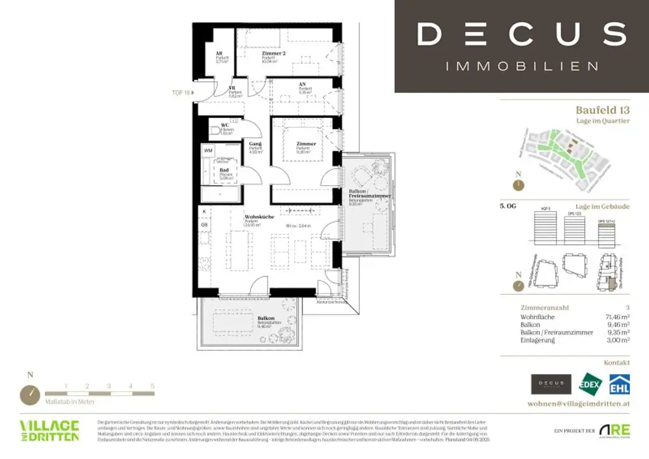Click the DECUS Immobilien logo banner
[x=522, y=46]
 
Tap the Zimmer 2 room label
[x=274, y=54]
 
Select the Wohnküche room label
[x=257, y=217]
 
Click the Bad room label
[x=224, y=171]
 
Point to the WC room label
[x=224, y=126]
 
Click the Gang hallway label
[x=255, y=145]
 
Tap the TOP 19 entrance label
[x=181, y=93]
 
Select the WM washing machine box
[x=207, y=150]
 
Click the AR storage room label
[x=219, y=54]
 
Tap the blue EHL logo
[x=619, y=384]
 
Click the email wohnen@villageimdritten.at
[x=578, y=403]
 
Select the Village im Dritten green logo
[x=49, y=430]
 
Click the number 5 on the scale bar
[x=152, y=385]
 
